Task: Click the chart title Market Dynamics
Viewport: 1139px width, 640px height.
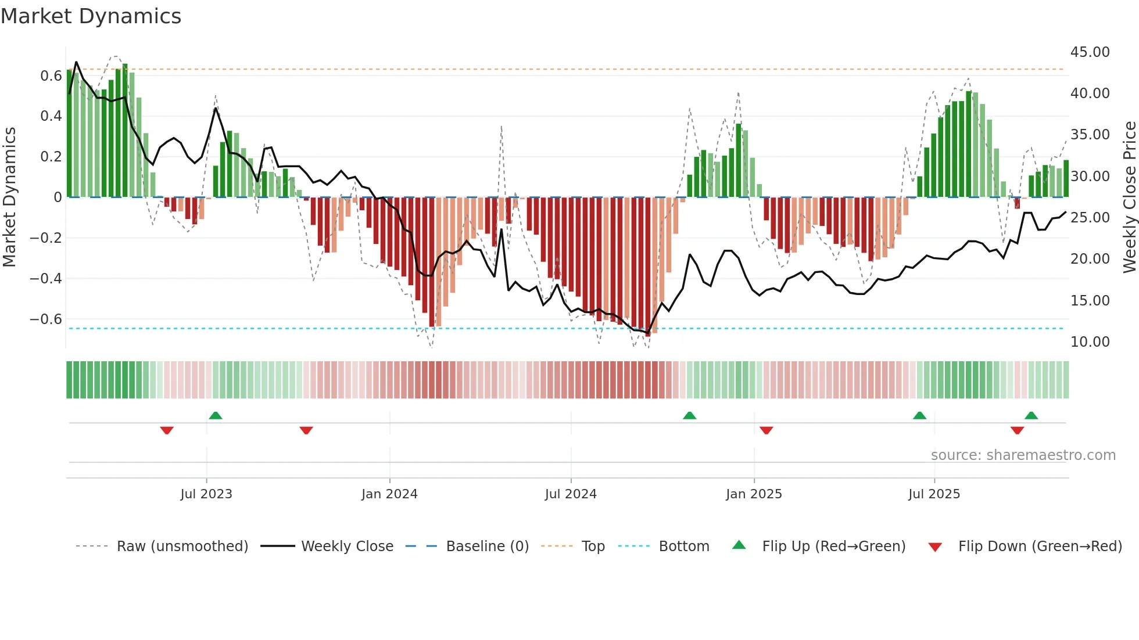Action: pos(91,16)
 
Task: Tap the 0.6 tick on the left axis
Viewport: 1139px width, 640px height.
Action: pos(51,76)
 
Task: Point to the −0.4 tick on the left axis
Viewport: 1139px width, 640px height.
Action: pos(46,279)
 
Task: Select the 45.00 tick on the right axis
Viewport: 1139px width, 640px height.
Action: pos(1090,52)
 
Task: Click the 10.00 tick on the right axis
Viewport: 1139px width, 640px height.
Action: pos(1090,342)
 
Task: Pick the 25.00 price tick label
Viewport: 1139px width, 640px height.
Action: pos(1090,218)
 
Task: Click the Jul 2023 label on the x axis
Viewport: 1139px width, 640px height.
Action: pos(206,494)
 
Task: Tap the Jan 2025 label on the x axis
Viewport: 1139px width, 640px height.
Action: pos(754,494)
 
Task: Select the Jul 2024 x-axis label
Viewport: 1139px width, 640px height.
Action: pos(571,494)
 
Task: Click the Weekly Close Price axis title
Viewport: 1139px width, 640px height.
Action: pos(1129,197)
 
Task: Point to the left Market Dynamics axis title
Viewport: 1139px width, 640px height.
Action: pos(9,197)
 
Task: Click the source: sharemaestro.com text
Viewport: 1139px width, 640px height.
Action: pos(1023,455)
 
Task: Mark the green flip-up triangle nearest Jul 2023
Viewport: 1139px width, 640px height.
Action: pos(216,415)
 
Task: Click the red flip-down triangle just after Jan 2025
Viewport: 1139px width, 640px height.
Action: pos(766,430)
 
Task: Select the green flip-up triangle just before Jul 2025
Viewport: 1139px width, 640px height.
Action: pos(919,415)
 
